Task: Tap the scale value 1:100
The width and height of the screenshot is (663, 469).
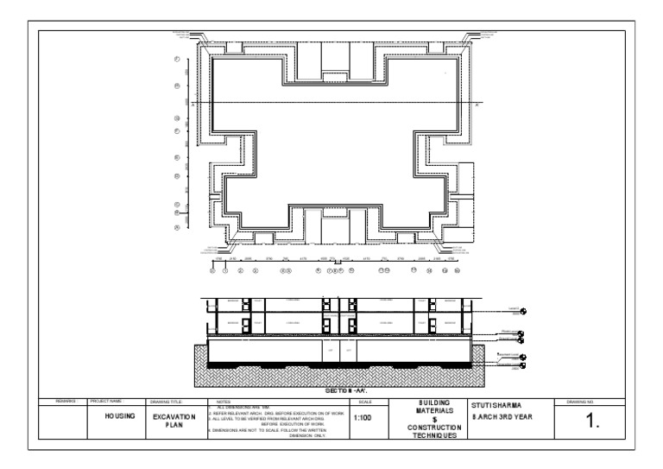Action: click(x=363, y=418)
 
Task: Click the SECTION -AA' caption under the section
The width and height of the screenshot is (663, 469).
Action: click(x=344, y=391)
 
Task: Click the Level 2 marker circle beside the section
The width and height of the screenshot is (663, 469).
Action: click(x=523, y=311)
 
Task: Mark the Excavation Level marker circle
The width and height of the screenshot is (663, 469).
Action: click(x=523, y=366)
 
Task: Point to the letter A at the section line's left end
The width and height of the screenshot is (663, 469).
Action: click(x=197, y=103)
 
